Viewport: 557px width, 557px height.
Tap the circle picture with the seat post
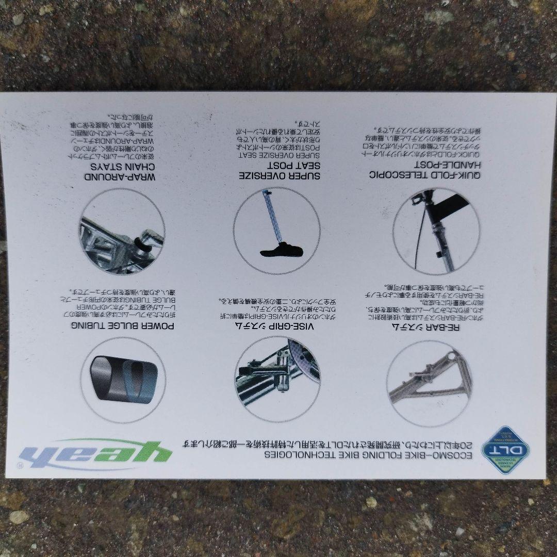[x=276, y=231]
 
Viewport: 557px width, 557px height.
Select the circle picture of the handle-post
[x=436, y=231]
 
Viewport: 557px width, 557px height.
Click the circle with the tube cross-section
[x=123, y=380]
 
